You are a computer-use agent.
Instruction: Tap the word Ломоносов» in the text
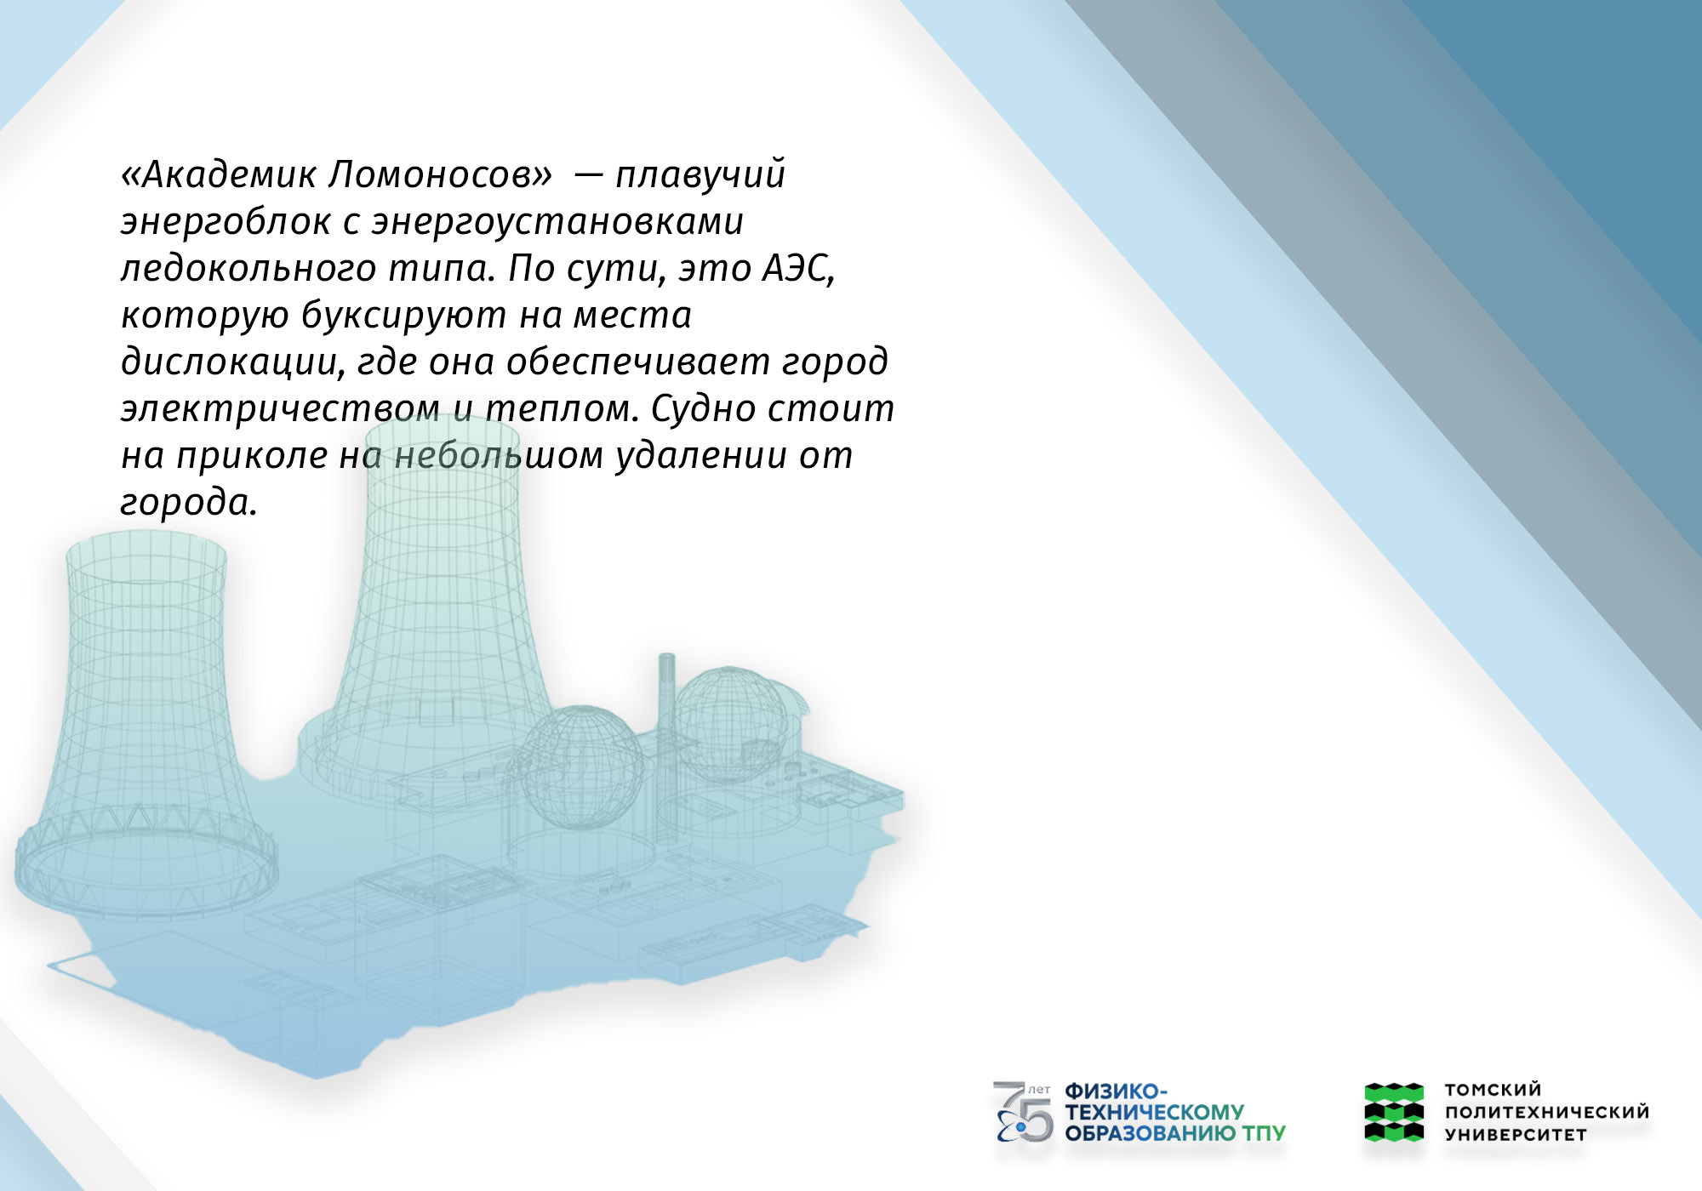(440, 174)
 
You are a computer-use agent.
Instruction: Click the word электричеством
(280, 409)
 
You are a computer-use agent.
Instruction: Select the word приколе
(252, 456)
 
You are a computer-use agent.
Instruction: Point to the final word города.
(188, 503)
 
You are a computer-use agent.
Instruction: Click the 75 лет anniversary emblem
(1023, 1111)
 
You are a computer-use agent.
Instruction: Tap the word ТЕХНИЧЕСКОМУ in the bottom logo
(1154, 1112)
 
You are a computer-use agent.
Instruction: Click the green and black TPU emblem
(1394, 1111)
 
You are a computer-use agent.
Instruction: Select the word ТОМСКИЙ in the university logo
(1493, 1090)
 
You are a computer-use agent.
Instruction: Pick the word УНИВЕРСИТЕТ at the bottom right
(1516, 1135)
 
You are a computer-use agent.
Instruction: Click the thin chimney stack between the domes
(666, 732)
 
